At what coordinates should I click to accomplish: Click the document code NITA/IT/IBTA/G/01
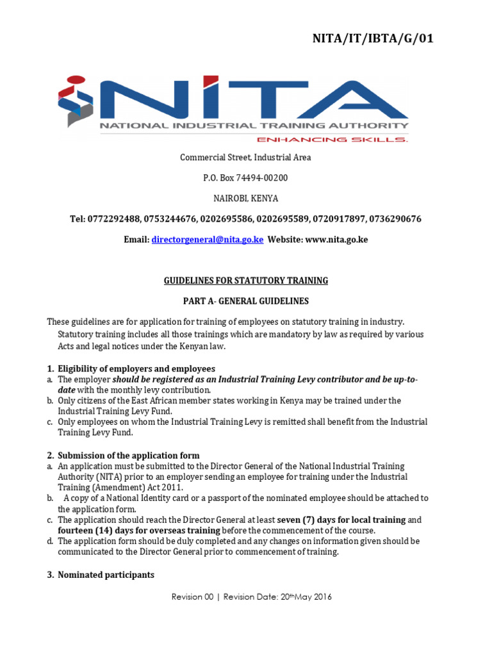pos(373,39)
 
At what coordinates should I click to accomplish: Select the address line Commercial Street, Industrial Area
pos(245,157)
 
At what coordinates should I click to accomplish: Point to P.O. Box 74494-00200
pos(245,177)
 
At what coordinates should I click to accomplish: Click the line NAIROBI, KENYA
pos(245,198)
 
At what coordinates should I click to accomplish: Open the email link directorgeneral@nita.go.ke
pos(208,240)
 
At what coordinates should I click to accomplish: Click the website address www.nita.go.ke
pos(336,240)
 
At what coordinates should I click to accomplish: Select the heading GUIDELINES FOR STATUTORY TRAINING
pos(245,280)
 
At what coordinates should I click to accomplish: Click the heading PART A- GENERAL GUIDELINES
pos(245,300)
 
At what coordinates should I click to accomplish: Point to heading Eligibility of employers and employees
pos(136,368)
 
